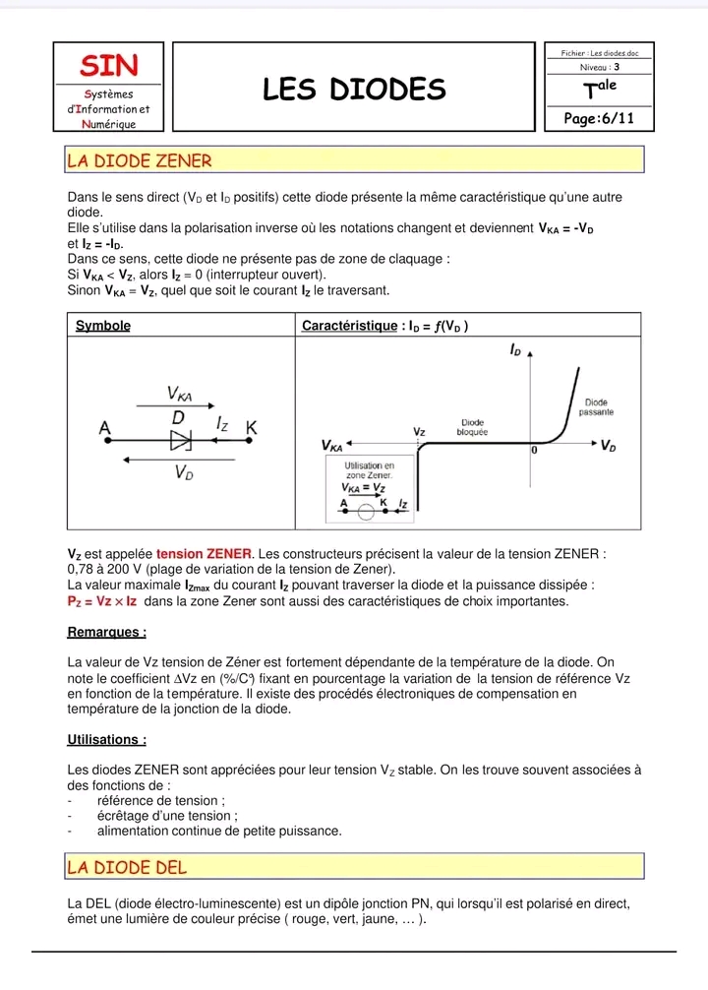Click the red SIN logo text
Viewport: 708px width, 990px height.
[109, 65]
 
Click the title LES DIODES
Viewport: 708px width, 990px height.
[354, 91]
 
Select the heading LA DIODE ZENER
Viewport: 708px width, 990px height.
[139, 159]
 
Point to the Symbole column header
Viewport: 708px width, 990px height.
[103, 326]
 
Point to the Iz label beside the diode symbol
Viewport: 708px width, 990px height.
[222, 423]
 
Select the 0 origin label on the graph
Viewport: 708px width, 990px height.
[535, 450]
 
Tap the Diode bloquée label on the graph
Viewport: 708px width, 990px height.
[474, 427]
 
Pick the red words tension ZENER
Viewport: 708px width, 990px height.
[204, 554]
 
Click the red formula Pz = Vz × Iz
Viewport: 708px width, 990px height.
[102, 600]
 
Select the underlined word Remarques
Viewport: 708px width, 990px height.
[107, 633]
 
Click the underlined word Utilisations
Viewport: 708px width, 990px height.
[107, 739]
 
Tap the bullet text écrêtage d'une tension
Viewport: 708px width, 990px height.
[167, 816]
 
